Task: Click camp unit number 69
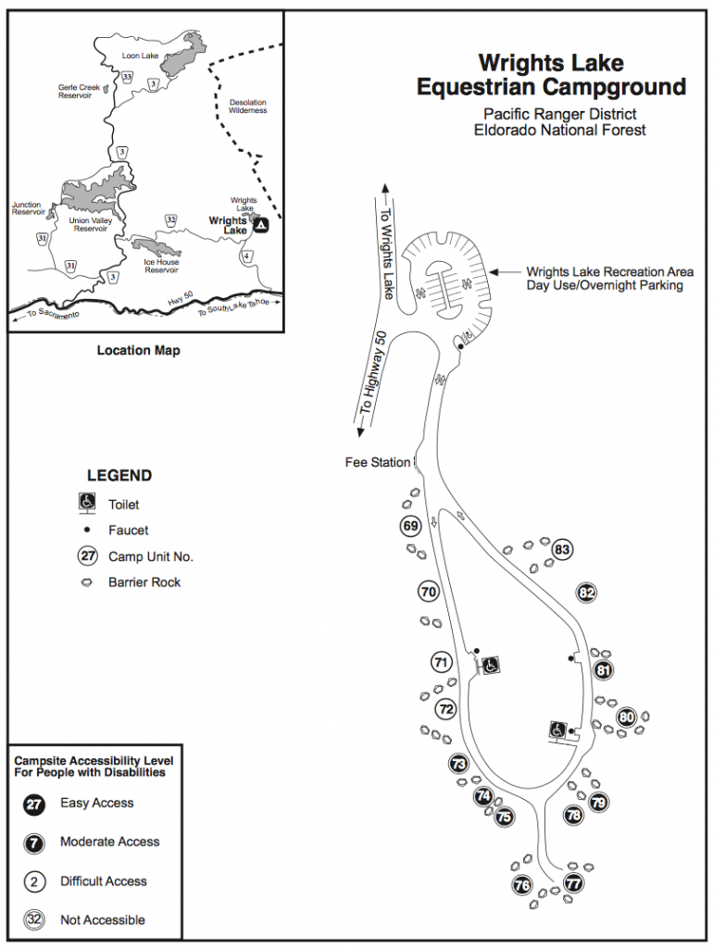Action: tap(411, 527)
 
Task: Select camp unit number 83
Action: tap(561, 550)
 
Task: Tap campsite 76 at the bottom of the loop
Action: tap(522, 885)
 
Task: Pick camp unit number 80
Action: tap(627, 717)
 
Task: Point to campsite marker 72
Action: tap(446, 709)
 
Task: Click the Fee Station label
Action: tap(377, 462)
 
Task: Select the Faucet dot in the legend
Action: tap(86, 530)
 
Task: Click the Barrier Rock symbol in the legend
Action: tap(86, 582)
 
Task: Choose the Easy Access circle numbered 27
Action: tap(33, 804)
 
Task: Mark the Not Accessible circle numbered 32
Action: tap(33, 919)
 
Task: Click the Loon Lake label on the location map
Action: tap(141, 56)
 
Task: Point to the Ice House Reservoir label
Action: tap(161, 267)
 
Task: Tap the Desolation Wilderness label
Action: tap(247, 106)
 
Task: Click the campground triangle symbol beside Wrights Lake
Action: tap(261, 224)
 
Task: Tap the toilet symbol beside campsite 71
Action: tap(491, 665)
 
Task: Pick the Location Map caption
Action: tap(139, 351)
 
